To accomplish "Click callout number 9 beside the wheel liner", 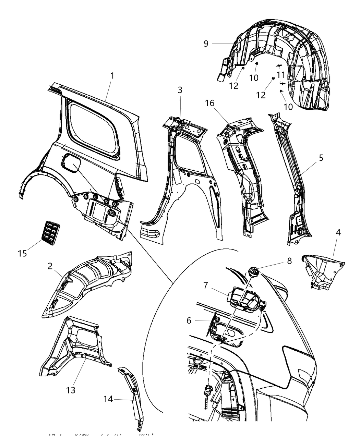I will (x=206, y=44).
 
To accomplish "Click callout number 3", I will (x=180, y=90).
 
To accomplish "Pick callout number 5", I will (x=321, y=158).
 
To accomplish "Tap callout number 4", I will (x=338, y=232).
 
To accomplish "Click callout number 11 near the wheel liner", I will (x=281, y=74).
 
